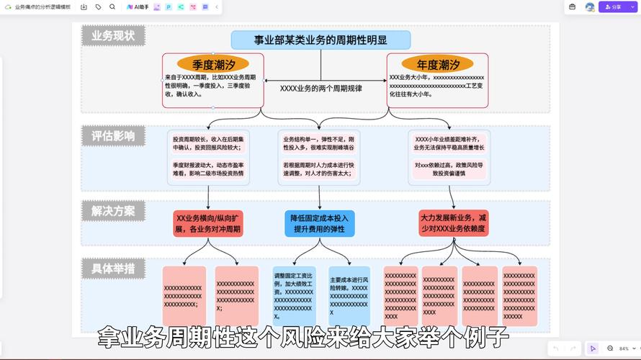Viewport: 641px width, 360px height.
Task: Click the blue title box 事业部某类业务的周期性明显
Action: (320, 40)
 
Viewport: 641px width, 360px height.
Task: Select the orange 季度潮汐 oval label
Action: (212, 64)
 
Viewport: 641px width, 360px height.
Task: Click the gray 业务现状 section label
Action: (113, 36)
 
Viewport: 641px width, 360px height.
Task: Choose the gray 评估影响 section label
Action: (113, 136)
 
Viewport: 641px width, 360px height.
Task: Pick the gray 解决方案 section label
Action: (113, 211)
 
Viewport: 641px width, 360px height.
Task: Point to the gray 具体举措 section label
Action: (113, 269)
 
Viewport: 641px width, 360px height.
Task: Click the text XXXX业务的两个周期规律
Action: (320, 89)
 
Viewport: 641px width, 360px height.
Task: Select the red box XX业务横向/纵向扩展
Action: (208, 223)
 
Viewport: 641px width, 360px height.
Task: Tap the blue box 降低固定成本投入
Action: (320, 223)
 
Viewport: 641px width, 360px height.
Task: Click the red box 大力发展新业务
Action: (453, 222)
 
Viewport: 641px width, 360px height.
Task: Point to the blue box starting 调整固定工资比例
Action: (294, 295)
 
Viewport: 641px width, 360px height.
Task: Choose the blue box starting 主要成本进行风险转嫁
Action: (349, 295)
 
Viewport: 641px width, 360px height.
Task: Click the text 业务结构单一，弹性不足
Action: (319, 143)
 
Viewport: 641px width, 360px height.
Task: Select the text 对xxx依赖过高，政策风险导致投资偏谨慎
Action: (449, 168)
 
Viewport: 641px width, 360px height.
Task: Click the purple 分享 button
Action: (614, 7)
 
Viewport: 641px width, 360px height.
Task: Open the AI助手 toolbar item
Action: (138, 7)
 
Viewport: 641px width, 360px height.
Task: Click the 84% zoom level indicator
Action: (624, 348)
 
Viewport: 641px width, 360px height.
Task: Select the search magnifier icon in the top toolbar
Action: (112, 7)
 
